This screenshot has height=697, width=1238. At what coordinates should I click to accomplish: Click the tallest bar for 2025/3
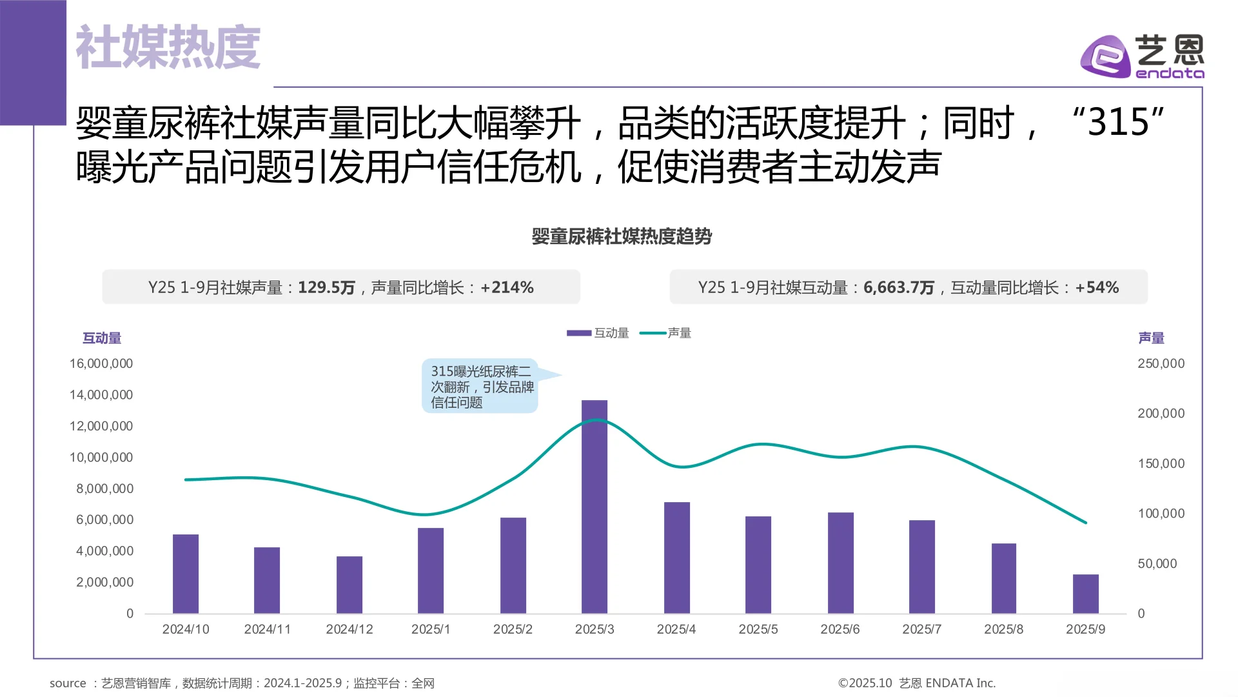[x=594, y=507]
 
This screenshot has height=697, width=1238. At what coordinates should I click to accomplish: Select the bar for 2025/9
[x=1085, y=594]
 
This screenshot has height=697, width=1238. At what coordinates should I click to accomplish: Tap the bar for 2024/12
[x=349, y=585]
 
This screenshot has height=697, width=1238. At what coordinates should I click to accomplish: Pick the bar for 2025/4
[x=676, y=558]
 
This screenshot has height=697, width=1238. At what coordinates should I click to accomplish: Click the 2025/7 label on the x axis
[x=921, y=629]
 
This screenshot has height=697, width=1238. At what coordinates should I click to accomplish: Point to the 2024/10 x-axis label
[x=186, y=629]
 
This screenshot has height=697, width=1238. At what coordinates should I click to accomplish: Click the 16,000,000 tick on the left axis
[x=101, y=363]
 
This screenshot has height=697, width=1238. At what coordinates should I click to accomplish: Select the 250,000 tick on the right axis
[x=1161, y=363]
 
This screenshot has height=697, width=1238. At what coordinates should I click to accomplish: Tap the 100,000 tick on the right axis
[x=1161, y=514]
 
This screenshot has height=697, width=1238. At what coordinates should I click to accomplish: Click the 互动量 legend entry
[x=598, y=333]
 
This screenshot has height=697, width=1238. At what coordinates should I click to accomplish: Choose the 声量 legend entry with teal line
[x=666, y=333]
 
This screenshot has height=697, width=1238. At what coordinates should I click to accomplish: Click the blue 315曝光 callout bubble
[x=480, y=387]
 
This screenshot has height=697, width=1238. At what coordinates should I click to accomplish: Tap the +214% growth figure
[x=507, y=287]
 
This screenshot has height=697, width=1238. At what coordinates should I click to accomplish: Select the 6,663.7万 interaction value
[x=898, y=287]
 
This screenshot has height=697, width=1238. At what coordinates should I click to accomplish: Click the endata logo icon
[x=1105, y=57]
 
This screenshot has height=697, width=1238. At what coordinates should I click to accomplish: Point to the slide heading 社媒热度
[x=168, y=47]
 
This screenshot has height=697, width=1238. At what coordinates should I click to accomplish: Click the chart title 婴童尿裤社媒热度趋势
[x=621, y=236]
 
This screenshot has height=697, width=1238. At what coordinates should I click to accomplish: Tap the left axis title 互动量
[x=102, y=338]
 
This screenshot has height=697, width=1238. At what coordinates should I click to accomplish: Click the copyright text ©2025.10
[x=865, y=683]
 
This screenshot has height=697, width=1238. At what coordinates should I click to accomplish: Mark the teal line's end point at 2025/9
[x=1086, y=523]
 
